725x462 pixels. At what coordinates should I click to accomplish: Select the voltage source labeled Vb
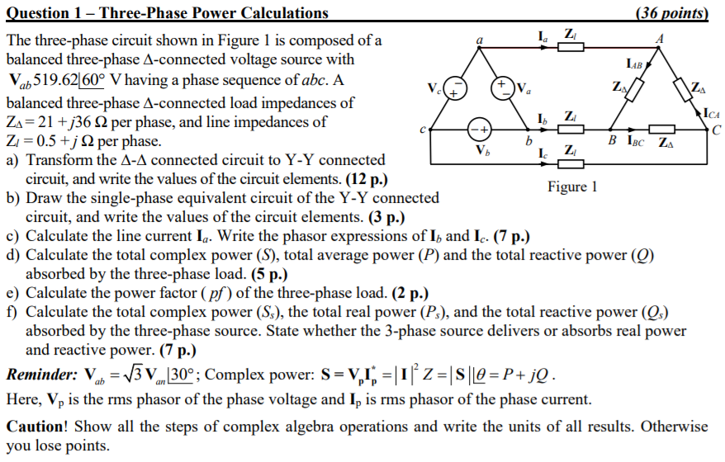tap(480, 131)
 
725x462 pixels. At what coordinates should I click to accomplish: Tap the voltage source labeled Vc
tap(457, 87)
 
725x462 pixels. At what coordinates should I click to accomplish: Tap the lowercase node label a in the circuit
tap(480, 37)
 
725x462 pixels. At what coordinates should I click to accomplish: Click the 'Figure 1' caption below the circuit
tap(571, 186)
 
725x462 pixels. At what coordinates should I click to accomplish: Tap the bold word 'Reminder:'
tap(42, 375)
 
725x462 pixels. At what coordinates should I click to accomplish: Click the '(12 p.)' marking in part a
tap(362, 178)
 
